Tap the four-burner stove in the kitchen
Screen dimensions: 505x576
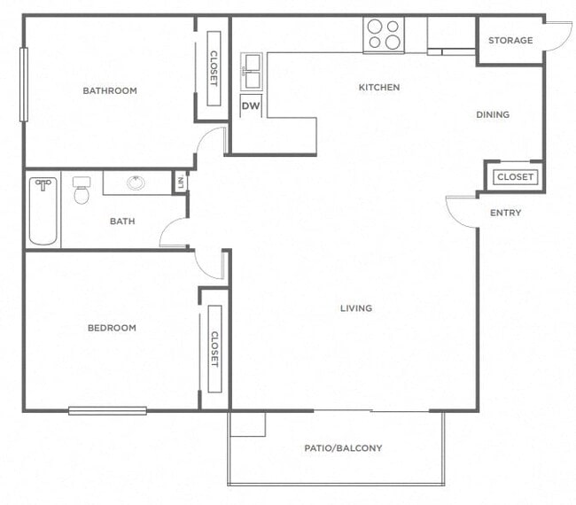pos(383,35)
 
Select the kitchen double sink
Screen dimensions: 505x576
pos(252,71)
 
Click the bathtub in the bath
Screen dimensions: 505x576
pos(43,211)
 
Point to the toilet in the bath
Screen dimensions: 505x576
pos(82,190)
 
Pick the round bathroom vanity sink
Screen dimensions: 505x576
pos(136,183)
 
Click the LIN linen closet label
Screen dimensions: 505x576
pos(181,183)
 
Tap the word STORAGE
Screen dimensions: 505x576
pos(510,41)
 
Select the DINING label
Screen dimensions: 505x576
pos(493,114)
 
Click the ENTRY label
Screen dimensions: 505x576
pos(505,213)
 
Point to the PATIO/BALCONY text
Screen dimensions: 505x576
pos(343,448)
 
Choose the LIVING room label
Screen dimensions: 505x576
pos(355,308)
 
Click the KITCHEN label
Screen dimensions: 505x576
pos(378,88)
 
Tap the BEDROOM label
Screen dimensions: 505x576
pos(112,328)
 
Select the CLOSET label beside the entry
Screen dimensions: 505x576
pos(515,177)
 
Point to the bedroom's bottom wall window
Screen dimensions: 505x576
pos(107,410)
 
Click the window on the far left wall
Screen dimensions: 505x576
pos(24,84)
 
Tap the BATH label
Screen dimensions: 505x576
pos(122,221)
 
